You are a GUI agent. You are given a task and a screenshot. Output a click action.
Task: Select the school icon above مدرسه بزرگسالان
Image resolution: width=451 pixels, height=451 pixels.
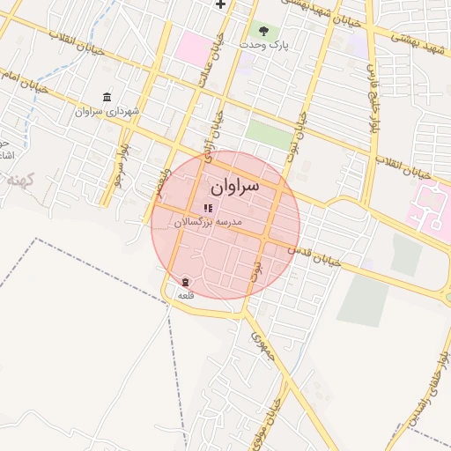[208, 208]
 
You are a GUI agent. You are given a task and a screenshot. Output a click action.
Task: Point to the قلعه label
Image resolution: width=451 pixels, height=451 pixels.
[185, 295]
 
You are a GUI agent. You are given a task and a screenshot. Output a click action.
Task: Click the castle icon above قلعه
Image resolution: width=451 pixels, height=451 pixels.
[185, 282]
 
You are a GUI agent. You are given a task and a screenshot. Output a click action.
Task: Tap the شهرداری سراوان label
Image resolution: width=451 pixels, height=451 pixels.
[102, 112]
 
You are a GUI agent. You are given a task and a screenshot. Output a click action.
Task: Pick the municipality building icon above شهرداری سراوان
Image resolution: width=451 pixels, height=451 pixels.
[107, 97]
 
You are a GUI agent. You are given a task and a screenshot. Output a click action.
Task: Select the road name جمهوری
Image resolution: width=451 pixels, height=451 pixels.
[264, 346]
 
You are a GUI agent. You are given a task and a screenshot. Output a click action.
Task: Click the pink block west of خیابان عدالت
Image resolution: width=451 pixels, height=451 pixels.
[192, 48]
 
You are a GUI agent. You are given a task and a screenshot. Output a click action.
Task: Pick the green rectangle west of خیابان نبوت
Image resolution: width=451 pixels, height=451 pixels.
[268, 135]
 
